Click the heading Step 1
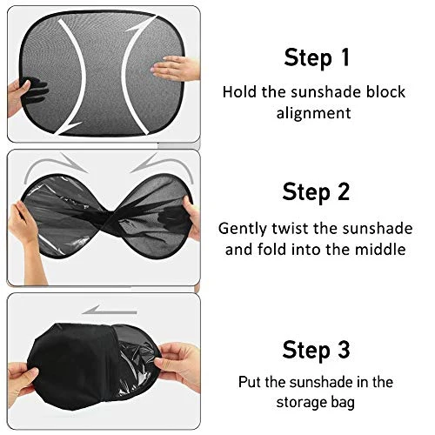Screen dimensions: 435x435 coord(317,57)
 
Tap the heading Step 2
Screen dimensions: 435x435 coord(316,191)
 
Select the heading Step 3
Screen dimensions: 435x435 coord(316,350)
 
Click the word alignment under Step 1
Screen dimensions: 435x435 coord(313,113)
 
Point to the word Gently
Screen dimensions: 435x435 coord(243,229)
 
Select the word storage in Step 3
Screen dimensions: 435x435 coord(301,403)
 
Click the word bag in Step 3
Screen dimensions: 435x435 coord(343,403)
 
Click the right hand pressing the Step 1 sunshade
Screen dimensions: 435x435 coord(177,68)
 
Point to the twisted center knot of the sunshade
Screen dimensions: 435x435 coord(108,217)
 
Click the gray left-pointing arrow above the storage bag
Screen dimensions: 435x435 coord(109,311)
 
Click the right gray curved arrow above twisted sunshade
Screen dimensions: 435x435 coord(164,166)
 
